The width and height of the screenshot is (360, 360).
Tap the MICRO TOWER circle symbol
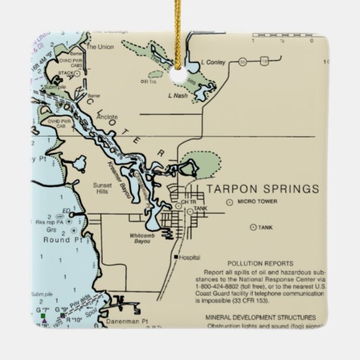coord(230,202)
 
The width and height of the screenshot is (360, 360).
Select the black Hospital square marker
coord(175,257)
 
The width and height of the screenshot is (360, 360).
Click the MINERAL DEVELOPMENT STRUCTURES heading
coord(262,317)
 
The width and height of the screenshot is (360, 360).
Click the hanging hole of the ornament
coord(179,76)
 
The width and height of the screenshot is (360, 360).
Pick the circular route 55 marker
coord(242,63)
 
